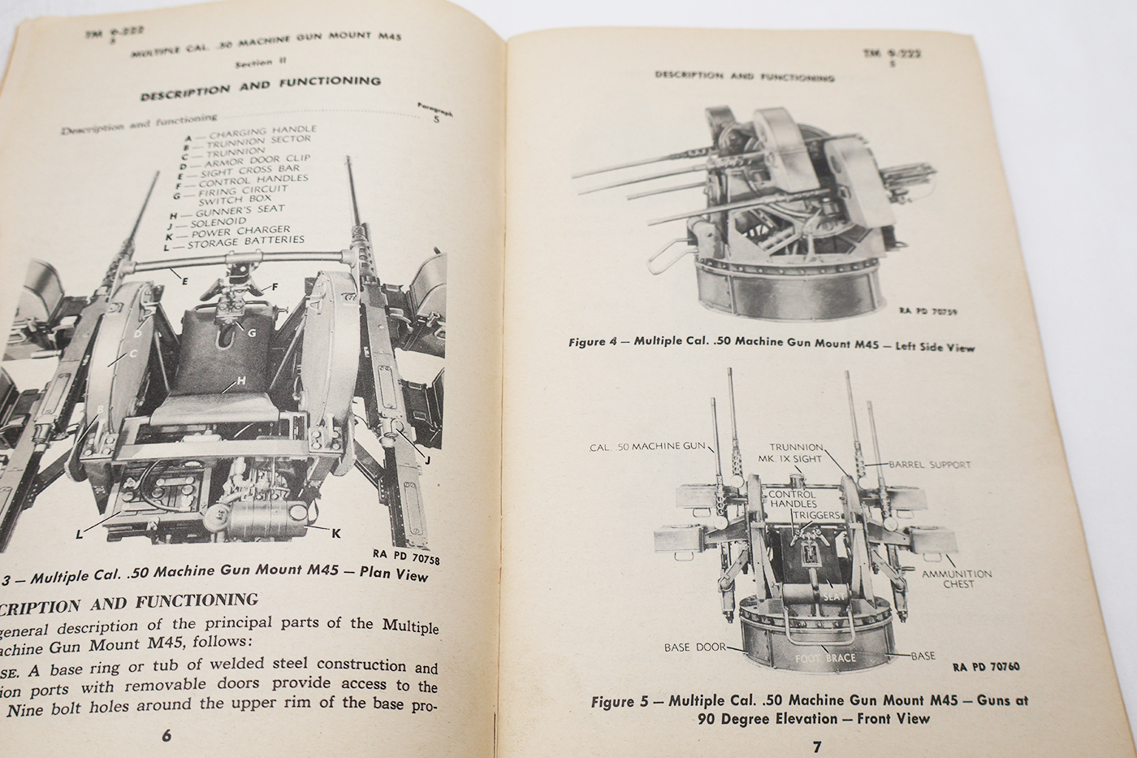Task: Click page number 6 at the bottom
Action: pos(166,736)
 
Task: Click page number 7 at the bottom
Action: pos(818,746)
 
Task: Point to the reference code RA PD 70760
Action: pos(986,667)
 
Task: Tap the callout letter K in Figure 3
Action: pos(335,533)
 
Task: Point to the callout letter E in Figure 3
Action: pos(185,280)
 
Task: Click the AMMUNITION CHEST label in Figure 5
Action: pos(957,578)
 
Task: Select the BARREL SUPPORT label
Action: pos(929,466)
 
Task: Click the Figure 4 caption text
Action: pos(772,344)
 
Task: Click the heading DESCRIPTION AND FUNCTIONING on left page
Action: pos(260,87)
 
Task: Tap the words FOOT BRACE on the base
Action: pos(825,657)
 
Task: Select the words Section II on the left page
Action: pos(254,63)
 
